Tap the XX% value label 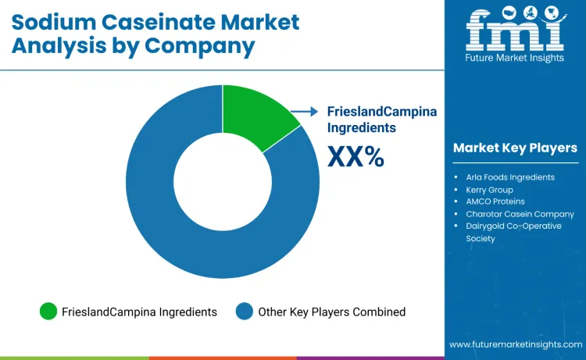pyautogui.click(x=356, y=157)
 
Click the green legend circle pyautogui.click(x=48, y=312)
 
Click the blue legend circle pyautogui.click(x=245, y=312)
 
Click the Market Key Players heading pyautogui.click(x=515, y=148)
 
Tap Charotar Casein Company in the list pyautogui.click(x=520, y=214)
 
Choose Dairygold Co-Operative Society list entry pyautogui.click(x=513, y=232)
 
